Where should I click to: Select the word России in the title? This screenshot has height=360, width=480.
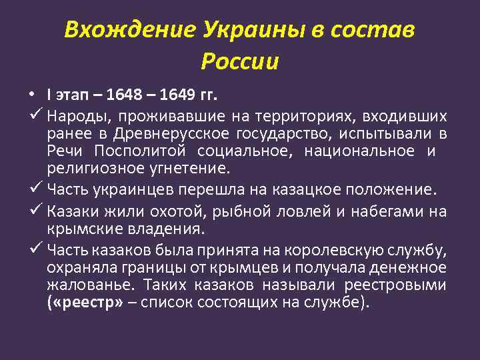[x=239, y=61]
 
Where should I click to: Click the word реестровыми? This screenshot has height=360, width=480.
[x=394, y=285]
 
